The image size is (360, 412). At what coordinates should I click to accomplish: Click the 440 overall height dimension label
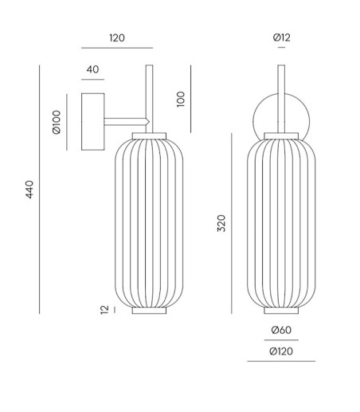[29, 190]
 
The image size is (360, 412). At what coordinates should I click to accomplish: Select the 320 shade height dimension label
[221, 223]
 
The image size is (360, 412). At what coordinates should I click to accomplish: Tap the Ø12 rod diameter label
[282, 37]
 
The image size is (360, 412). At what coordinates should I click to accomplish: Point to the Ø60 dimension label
[281, 330]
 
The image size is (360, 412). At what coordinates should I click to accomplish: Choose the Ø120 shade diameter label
[281, 351]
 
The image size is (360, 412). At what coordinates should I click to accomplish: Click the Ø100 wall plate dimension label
[57, 122]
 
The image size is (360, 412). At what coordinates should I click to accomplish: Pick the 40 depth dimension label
[92, 69]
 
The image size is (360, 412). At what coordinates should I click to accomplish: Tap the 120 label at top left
[117, 38]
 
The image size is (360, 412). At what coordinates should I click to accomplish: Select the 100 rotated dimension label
[181, 99]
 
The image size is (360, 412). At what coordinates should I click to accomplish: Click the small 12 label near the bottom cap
[104, 310]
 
